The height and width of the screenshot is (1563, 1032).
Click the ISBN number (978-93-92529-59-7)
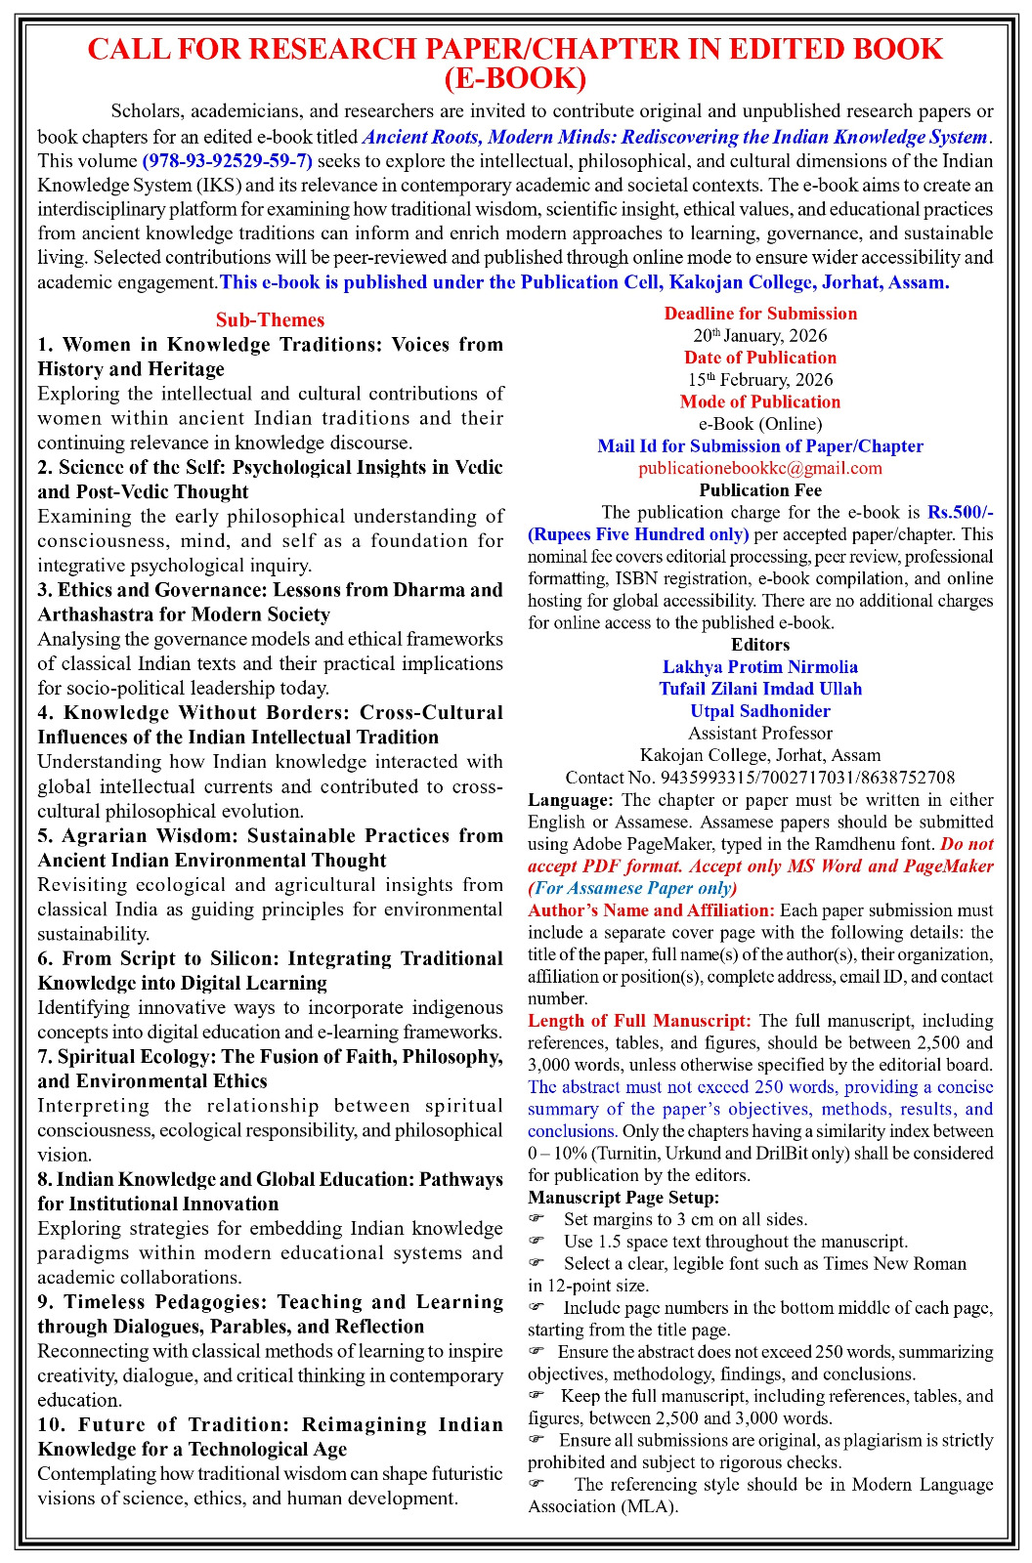227,161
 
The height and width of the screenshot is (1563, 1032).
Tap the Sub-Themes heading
270,320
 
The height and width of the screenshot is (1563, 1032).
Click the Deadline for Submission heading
760,314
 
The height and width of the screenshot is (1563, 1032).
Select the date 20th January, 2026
760,336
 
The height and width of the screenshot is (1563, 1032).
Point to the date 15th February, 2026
760,380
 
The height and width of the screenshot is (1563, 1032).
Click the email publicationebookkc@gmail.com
760,468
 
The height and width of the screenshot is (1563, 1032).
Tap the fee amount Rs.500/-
960,512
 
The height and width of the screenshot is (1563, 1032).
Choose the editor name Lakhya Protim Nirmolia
760,667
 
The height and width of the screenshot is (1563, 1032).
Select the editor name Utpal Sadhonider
760,711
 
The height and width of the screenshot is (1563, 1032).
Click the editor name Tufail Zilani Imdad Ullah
760,689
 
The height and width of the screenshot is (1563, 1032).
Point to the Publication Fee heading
760,490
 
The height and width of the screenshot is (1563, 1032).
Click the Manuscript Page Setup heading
623,1198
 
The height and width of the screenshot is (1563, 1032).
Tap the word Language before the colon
568,800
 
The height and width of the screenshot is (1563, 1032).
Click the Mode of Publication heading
760,401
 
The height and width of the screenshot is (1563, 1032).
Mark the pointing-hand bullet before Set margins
536,1219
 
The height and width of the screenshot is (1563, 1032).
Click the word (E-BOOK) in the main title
515,78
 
